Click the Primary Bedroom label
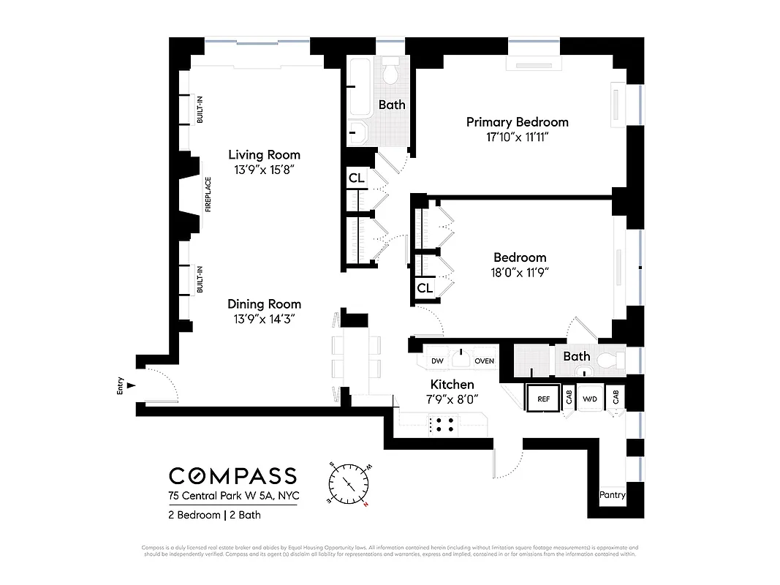click(x=517, y=122)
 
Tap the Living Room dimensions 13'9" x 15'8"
click(x=264, y=170)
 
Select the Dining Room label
click(x=264, y=304)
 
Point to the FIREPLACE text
click(x=208, y=195)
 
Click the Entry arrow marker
click(x=131, y=385)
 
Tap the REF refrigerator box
click(x=543, y=399)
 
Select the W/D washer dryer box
click(x=588, y=399)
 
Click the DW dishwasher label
click(x=437, y=361)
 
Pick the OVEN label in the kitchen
click(x=484, y=361)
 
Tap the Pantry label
click(x=612, y=495)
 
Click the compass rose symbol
click(x=350, y=485)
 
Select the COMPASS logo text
click(x=232, y=475)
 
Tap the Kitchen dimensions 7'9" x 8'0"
click(x=452, y=399)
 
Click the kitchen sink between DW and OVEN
click(x=461, y=359)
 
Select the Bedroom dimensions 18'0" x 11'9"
click(x=520, y=272)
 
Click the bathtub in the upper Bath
click(x=360, y=88)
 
